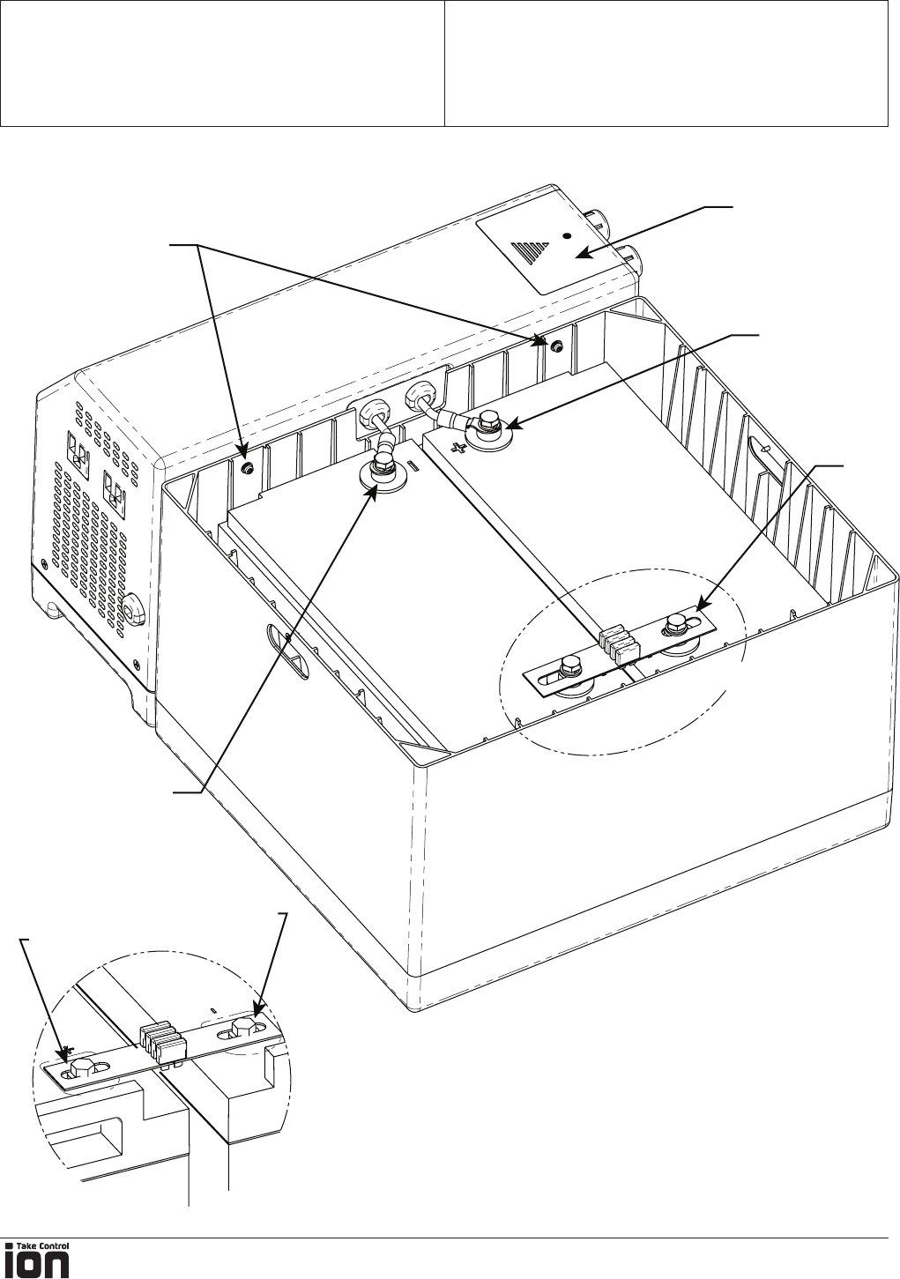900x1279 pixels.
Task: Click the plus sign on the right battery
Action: point(457,448)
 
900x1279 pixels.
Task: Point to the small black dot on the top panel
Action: point(568,236)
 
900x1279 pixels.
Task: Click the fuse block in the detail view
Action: point(164,1041)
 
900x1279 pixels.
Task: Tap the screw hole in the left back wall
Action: point(248,468)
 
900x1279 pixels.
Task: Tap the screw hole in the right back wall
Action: point(556,346)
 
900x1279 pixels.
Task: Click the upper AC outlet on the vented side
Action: point(78,451)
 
